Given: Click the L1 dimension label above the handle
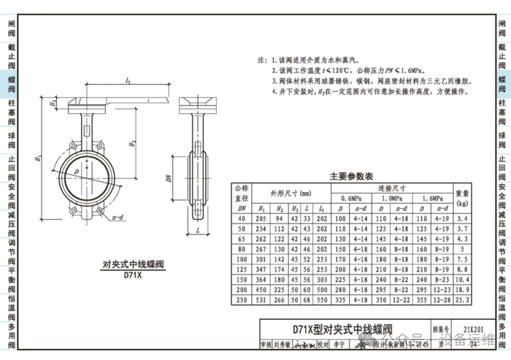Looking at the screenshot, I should (x=128, y=80).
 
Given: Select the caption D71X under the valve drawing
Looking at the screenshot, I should (x=132, y=275).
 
